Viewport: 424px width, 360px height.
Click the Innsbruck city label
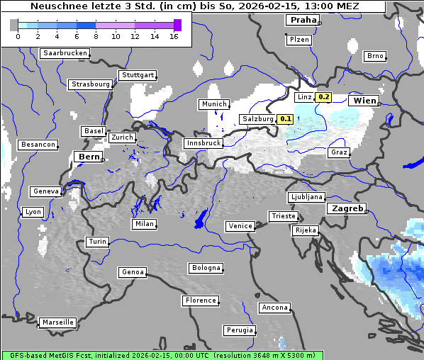click(203, 143)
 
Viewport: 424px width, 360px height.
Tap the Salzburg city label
click(257, 119)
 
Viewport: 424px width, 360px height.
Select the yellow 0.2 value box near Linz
click(323, 97)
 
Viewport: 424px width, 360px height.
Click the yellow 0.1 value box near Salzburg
click(286, 119)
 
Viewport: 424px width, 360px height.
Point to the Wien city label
click(364, 101)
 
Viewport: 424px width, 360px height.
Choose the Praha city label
click(303, 21)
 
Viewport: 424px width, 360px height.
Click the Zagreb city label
click(347, 209)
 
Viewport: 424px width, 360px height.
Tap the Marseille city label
click(57, 322)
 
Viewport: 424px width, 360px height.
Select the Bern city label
click(89, 157)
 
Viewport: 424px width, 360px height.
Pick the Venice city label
click(240, 226)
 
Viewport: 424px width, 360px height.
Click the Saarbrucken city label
click(65, 53)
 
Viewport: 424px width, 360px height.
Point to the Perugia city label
click(239, 330)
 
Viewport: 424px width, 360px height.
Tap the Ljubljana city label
click(306, 197)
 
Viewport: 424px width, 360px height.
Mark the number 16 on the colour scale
click(174, 36)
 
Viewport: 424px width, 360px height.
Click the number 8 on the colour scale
click(96, 36)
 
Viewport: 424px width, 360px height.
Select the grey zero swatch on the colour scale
click(14, 25)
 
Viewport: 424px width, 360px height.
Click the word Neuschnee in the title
click(55, 6)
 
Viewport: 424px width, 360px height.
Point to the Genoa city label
click(133, 272)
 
